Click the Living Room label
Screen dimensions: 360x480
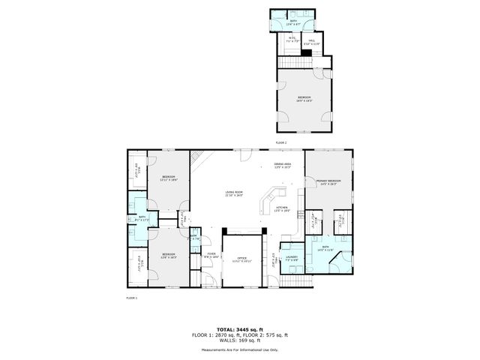tap(235, 193)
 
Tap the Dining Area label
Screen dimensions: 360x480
tap(282, 165)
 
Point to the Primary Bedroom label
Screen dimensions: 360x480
tap(328, 182)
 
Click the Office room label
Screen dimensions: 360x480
tap(242, 259)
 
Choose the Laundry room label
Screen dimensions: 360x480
tap(292, 258)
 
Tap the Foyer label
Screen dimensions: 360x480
tap(211, 256)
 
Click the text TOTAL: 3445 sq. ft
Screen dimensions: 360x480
tap(240, 329)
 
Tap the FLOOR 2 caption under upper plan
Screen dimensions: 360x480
tap(281, 142)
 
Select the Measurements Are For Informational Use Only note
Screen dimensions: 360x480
tap(240, 349)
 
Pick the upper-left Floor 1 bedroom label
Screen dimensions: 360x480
tap(168, 178)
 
